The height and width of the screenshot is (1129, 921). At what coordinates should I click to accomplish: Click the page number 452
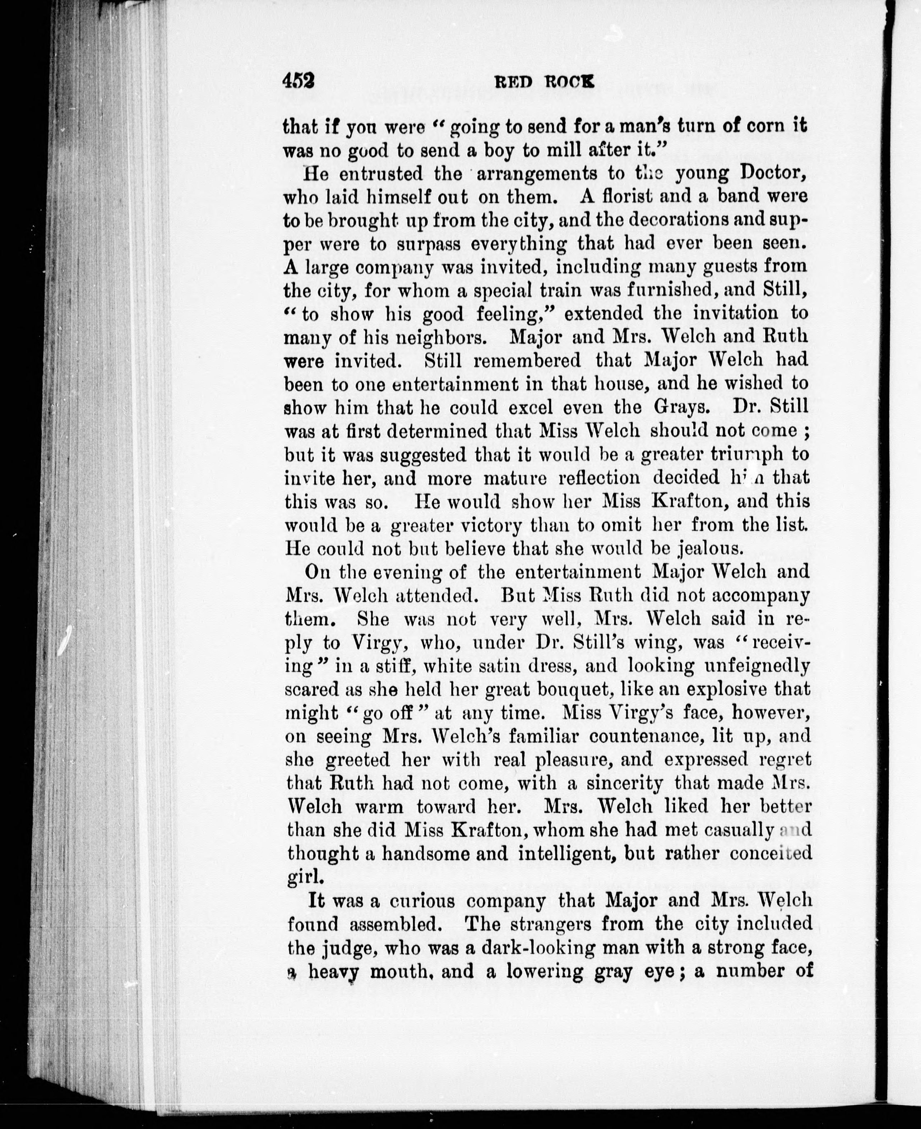[x=299, y=81]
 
